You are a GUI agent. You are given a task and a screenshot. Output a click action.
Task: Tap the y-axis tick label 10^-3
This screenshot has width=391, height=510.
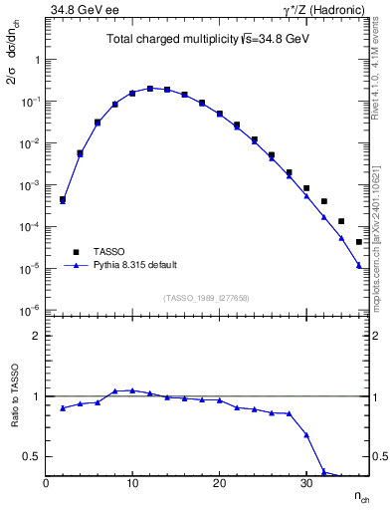point(29,185)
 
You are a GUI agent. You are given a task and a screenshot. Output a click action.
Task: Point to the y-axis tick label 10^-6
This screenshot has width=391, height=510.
point(29,311)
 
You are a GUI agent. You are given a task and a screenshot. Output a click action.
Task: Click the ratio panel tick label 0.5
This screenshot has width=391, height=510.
point(28,456)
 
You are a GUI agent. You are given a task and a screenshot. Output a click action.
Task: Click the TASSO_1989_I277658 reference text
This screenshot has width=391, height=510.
point(207,296)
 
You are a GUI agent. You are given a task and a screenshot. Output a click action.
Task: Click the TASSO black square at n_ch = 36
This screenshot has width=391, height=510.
point(359,242)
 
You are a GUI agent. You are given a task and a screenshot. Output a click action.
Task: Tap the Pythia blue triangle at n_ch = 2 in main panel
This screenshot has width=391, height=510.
point(63,201)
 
